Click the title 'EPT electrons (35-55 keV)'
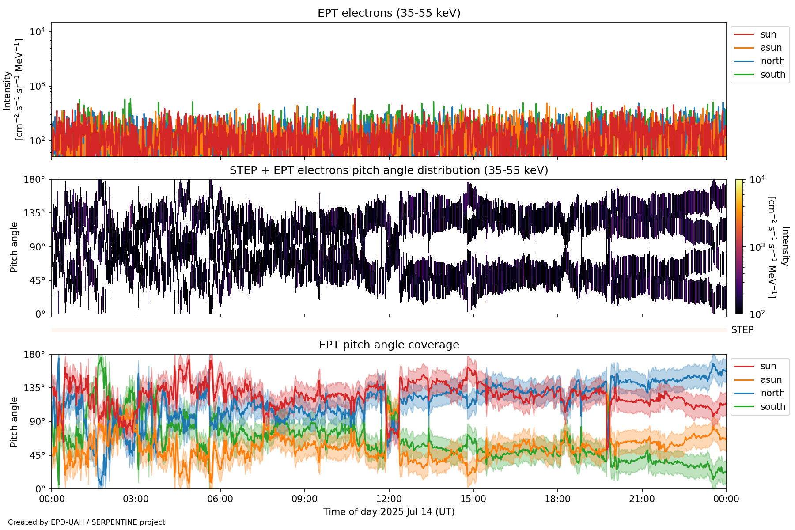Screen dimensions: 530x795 389,13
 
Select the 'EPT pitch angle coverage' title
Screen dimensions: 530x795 389,345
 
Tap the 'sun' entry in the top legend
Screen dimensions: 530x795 768,34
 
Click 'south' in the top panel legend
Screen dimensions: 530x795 772,75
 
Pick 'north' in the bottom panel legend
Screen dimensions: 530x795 772,393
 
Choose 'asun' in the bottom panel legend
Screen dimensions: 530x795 771,380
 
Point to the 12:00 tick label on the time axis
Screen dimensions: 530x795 389,499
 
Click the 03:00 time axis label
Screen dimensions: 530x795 136,499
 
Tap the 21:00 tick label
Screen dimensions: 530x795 642,499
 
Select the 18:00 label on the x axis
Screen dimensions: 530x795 557,499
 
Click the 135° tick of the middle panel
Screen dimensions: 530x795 34,213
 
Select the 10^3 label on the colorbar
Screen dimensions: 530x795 757,247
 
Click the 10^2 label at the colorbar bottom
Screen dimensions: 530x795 757,314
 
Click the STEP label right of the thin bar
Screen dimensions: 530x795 742,330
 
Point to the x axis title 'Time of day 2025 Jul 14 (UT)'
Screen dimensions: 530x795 389,512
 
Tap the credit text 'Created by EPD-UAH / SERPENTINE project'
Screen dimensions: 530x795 87,522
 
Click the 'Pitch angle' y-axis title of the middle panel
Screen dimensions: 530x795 14,247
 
